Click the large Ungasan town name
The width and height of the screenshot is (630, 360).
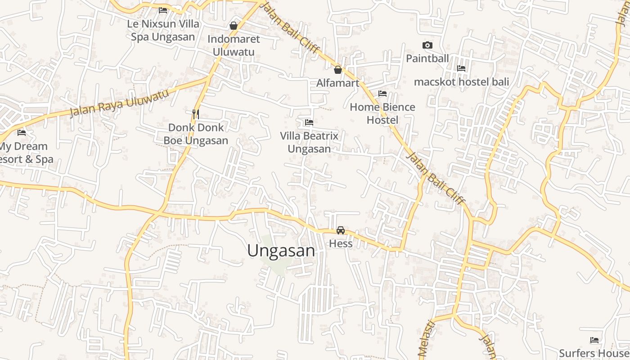[x=281, y=251]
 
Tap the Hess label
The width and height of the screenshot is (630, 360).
[x=341, y=243]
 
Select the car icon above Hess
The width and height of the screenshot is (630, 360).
[x=341, y=230]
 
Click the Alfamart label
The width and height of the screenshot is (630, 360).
[x=338, y=83]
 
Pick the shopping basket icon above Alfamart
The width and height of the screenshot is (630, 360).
[x=338, y=70]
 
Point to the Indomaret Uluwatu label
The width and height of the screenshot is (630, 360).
[x=234, y=45]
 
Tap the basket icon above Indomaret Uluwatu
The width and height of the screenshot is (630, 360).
[x=234, y=26]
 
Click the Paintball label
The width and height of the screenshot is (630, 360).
[x=427, y=58]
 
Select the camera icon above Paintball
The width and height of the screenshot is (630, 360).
[x=427, y=45]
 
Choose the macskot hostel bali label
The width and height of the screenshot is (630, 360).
[x=461, y=82]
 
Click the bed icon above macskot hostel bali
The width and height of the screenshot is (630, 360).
[x=461, y=68]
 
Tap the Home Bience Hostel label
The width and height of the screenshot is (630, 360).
[x=382, y=113]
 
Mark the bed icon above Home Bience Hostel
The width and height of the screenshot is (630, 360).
[x=382, y=94]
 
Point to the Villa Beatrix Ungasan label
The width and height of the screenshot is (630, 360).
[x=309, y=142]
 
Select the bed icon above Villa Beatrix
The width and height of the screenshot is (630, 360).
[x=309, y=122]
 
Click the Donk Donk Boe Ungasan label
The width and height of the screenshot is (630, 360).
[x=196, y=134]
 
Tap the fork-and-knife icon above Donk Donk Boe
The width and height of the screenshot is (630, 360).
[x=196, y=114]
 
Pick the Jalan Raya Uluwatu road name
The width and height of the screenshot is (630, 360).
[x=119, y=103]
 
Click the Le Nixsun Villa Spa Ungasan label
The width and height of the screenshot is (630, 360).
[x=163, y=30]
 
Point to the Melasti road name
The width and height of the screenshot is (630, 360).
[x=426, y=340]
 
